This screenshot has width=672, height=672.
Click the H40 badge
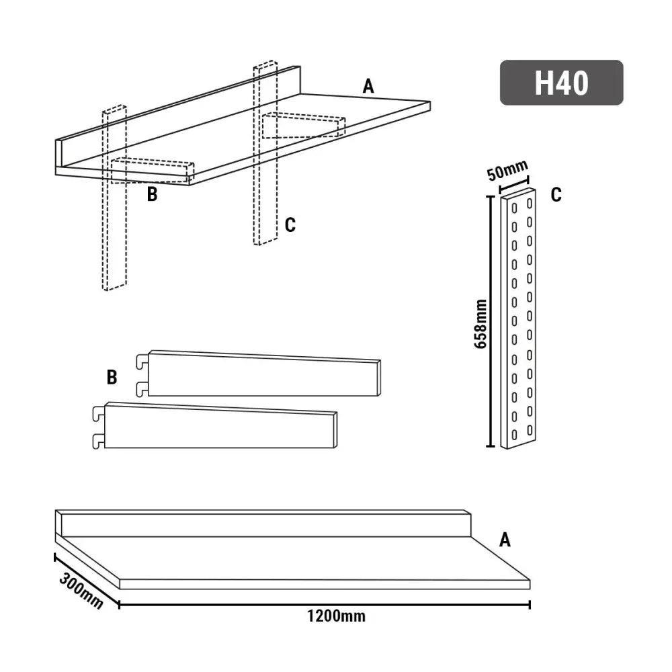(561, 83)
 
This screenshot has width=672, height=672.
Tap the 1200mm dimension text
(336, 616)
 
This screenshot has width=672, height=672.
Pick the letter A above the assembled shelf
(368, 86)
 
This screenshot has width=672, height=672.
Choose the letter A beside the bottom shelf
(505, 539)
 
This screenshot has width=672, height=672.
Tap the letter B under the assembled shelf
(152, 196)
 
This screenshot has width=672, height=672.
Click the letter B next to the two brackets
(112, 377)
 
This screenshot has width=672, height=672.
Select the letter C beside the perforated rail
(556, 195)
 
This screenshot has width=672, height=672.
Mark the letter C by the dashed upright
(290, 225)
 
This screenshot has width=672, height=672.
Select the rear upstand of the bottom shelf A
(262, 523)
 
